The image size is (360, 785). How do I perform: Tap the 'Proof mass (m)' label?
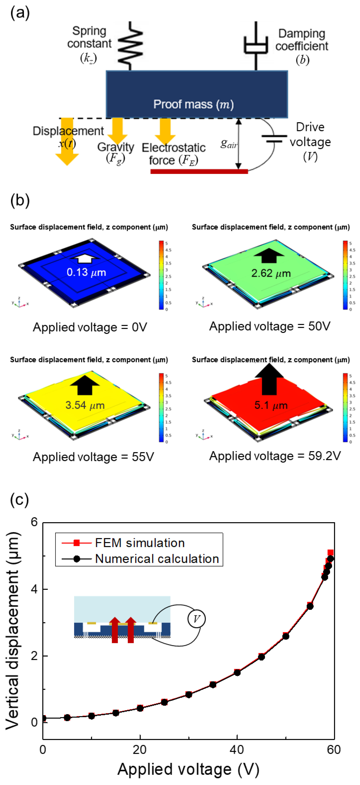click(193, 104)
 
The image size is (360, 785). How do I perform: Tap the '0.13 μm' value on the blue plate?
click(86, 272)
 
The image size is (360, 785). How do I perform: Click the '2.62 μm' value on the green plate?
click(271, 273)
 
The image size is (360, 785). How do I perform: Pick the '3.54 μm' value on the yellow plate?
click(85, 405)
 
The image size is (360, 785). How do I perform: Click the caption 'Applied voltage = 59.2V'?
click(275, 456)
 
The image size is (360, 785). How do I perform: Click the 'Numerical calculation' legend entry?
click(157, 559)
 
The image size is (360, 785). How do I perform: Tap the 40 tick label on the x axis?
click(237, 749)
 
